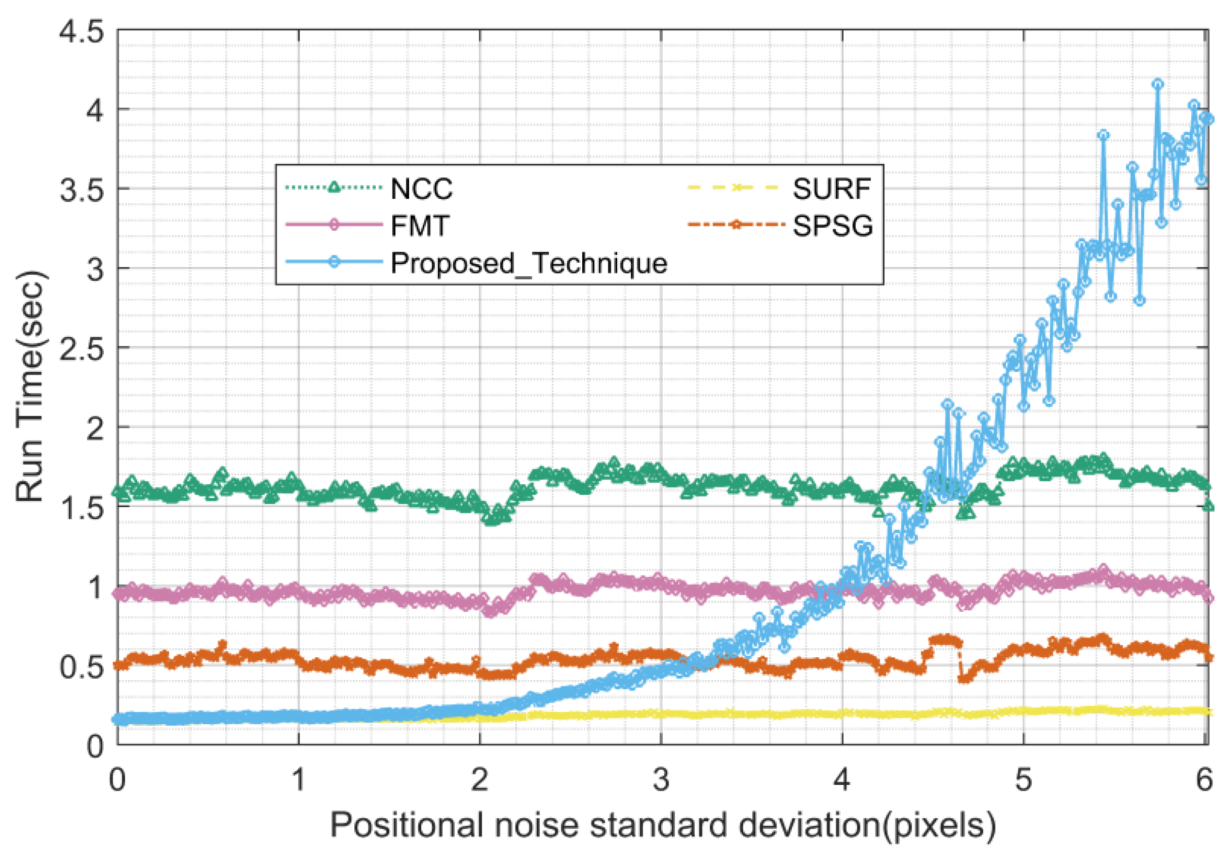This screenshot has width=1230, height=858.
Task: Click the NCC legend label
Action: pos(421,189)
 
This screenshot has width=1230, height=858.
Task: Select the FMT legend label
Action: pos(419,225)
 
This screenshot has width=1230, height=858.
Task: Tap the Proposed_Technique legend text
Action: pos(528,263)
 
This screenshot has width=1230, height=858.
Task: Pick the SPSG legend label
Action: pos(832,225)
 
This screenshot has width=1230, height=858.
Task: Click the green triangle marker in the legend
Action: pos(334,188)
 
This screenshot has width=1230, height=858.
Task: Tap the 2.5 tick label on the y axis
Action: pos(81,348)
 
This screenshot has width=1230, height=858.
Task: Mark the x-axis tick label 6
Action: pos(1204,780)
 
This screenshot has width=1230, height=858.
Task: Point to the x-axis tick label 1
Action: pos(298,780)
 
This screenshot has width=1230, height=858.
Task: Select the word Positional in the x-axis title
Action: pos(406,826)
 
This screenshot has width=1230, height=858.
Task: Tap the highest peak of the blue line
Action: pos(1158,84)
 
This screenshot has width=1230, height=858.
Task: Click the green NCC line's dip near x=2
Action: pos(492,519)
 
